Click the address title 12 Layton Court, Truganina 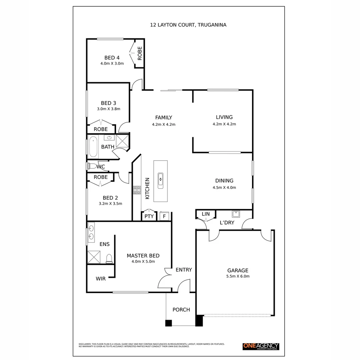coord(188,25)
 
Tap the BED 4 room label coord(112,58)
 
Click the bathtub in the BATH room coord(94,147)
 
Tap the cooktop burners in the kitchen coord(137,190)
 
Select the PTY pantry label coord(149,216)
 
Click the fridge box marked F coord(164,216)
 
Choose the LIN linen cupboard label coord(206,214)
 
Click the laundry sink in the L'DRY coord(236,214)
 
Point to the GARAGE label coord(238,271)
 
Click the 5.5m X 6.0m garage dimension coord(238,276)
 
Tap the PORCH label coord(181,310)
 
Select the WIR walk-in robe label coord(101,279)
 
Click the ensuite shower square coord(94,257)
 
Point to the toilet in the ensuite coord(109,259)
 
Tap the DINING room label coord(224,181)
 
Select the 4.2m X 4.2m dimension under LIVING coord(224,124)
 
